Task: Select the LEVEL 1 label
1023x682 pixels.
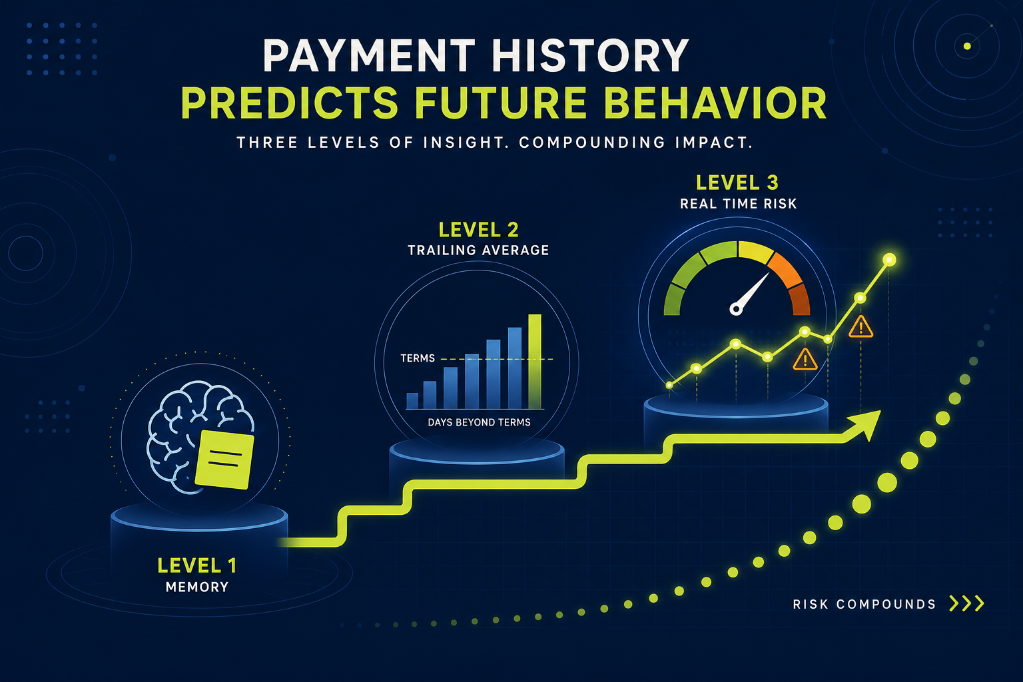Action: pyautogui.click(x=197, y=566)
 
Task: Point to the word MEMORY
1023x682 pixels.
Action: pyautogui.click(x=197, y=587)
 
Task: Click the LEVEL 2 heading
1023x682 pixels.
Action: pyautogui.click(x=479, y=230)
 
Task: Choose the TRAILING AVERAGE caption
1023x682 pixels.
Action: pyautogui.click(x=478, y=250)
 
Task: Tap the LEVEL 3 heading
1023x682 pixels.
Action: pyautogui.click(x=737, y=182)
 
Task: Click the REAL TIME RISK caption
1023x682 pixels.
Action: pyautogui.click(x=738, y=204)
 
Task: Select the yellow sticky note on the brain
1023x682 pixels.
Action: pyautogui.click(x=224, y=460)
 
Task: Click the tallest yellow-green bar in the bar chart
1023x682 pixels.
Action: pyautogui.click(x=535, y=362)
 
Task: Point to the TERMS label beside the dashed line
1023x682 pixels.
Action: pyautogui.click(x=418, y=358)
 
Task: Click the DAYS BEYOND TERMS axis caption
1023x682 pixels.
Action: pyautogui.click(x=479, y=422)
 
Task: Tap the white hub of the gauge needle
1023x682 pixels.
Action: pyautogui.click(x=736, y=309)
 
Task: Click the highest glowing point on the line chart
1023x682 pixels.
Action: pyautogui.click(x=889, y=260)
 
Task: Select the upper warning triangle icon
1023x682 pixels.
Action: pyautogui.click(x=861, y=327)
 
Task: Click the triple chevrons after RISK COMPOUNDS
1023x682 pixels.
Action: pyautogui.click(x=967, y=603)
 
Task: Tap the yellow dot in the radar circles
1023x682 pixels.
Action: pyautogui.click(x=967, y=46)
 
